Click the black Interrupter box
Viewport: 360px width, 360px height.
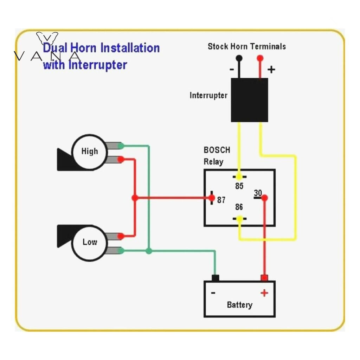pyautogui.click(x=249, y=100)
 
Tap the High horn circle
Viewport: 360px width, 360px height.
pyautogui.click(x=89, y=152)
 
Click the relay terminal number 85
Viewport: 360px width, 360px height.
pyautogui.click(x=239, y=186)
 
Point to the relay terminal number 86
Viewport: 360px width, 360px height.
pyautogui.click(x=239, y=207)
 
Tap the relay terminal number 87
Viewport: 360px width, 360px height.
pyautogui.click(x=221, y=200)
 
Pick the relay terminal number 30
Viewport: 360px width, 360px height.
pyautogui.click(x=258, y=193)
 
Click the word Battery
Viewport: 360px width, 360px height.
pyautogui.click(x=239, y=305)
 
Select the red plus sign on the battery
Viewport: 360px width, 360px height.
pyautogui.click(x=264, y=293)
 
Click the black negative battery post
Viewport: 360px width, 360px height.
pyautogui.click(x=215, y=278)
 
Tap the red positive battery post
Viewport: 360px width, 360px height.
pyautogui.click(x=264, y=278)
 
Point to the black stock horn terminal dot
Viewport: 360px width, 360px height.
pyautogui.click(x=239, y=58)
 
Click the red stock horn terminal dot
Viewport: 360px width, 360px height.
pyautogui.click(x=260, y=58)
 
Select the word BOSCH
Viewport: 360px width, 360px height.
pyautogui.click(x=217, y=150)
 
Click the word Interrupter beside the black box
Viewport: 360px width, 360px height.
pyautogui.click(x=208, y=95)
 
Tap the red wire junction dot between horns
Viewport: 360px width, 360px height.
pyautogui.click(x=135, y=198)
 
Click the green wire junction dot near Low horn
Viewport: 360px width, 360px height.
pyautogui.click(x=149, y=251)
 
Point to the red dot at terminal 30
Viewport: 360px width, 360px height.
pyautogui.click(x=265, y=198)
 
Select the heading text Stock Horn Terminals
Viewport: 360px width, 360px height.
pyautogui.click(x=246, y=46)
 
